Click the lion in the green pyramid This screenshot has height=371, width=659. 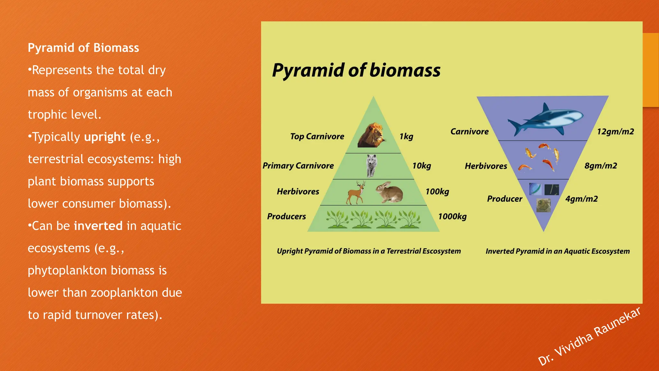click(371, 135)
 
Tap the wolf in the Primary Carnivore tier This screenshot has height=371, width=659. click(371, 166)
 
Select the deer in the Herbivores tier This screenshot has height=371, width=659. click(356, 193)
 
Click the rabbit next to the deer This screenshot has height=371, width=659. click(390, 192)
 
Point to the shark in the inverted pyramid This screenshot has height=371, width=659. click(545, 119)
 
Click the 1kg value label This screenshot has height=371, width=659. click(406, 137)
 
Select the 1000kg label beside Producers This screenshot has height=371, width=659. click(452, 216)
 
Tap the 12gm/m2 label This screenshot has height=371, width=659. click(615, 132)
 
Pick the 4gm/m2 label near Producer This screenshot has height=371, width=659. click(581, 199)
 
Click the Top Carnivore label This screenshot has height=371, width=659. click(317, 137)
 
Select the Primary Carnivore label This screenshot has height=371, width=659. click(298, 166)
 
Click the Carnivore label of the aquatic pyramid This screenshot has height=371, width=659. click(469, 132)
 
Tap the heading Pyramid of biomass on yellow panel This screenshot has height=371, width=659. click(356, 70)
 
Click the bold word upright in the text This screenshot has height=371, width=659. click(105, 137)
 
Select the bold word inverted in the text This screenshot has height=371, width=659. click(98, 226)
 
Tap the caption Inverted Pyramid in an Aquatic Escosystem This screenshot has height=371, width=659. click(557, 251)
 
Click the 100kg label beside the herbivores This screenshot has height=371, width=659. click(437, 192)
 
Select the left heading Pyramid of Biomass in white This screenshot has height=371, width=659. click(83, 48)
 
